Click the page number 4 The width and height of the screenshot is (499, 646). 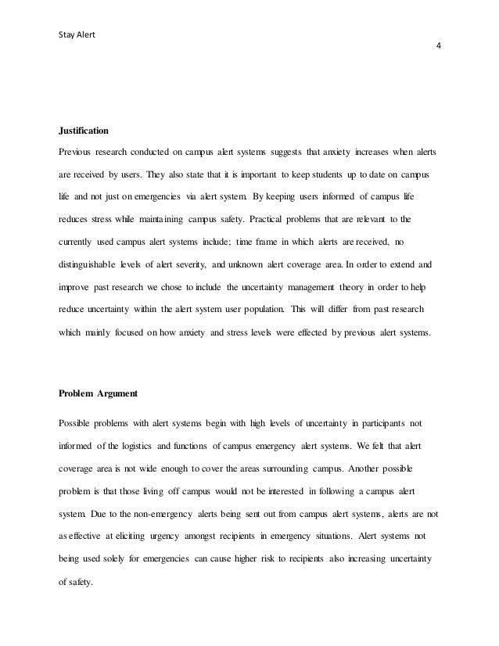coord(438,45)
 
